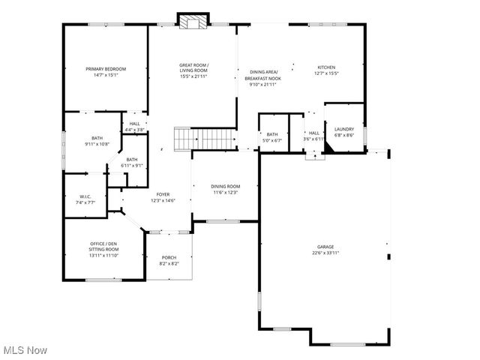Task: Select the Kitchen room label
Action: [325, 67]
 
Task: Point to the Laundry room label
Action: [344, 129]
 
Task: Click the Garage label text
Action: [325, 247]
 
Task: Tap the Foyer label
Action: [163, 194]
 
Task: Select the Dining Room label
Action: [225, 186]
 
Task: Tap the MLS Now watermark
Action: [25, 350]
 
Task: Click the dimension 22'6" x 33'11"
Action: [325, 253]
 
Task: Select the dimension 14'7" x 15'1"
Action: [106, 75]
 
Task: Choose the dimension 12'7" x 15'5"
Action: [325, 73]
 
